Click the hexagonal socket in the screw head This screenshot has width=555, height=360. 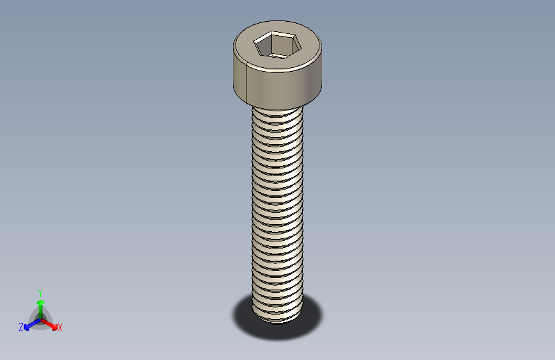[277, 45]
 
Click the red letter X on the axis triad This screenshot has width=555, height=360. [60, 328]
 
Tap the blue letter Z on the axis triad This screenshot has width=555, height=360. [21, 327]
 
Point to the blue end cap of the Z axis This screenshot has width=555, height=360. [27, 326]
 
